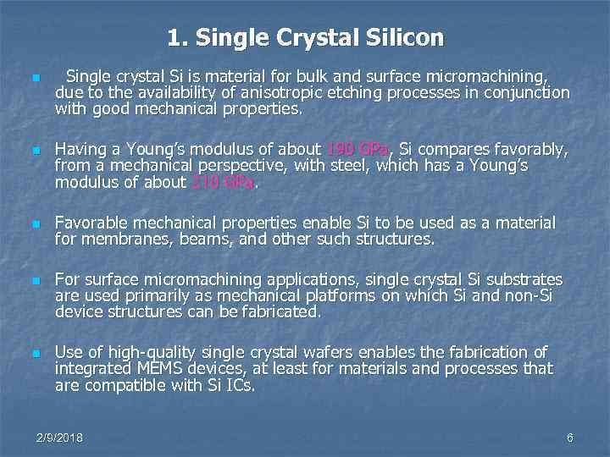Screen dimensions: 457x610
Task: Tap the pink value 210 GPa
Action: click(x=222, y=182)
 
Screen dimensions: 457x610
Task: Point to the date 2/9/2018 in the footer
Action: click(x=59, y=438)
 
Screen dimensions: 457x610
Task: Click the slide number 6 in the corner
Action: click(x=570, y=438)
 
